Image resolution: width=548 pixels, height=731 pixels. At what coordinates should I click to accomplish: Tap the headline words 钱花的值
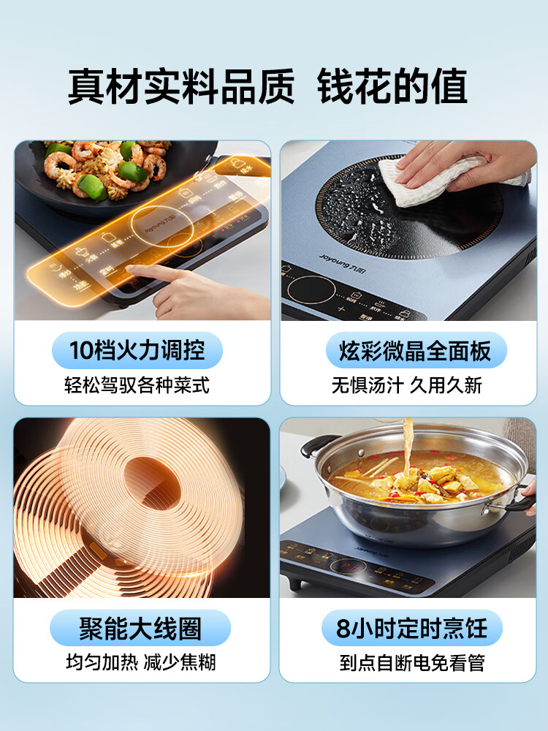coord(392,87)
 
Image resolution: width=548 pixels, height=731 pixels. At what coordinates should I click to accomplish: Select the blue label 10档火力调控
coord(137,352)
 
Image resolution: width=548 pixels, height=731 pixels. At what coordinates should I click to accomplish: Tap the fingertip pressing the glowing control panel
coord(132,270)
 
